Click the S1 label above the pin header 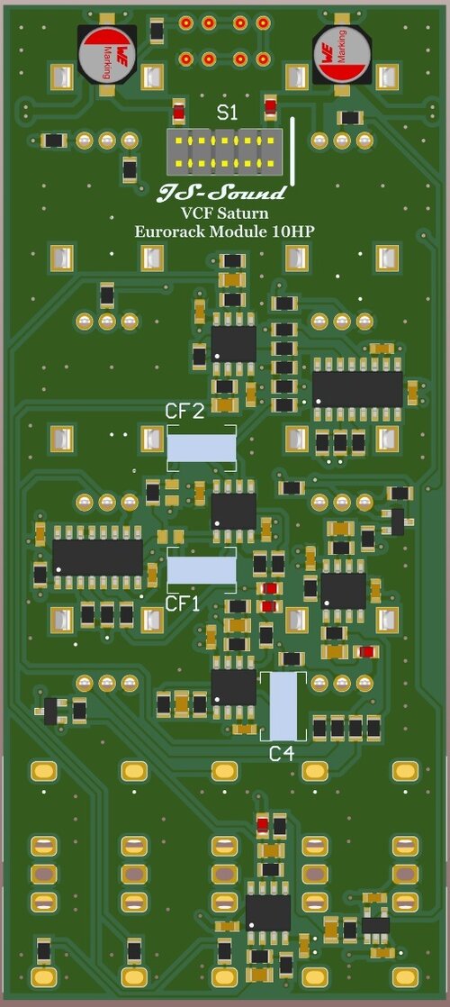(x=228, y=113)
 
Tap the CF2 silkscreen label (x=184, y=412)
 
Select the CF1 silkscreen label (x=184, y=603)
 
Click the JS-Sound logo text (x=222, y=192)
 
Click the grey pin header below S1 (x=224, y=150)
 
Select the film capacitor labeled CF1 (x=202, y=569)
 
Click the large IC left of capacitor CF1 (x=97, y=557)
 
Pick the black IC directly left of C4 (x=234, y=687)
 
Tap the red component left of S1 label (x=179, y=113)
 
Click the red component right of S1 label (x=270, y=110)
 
